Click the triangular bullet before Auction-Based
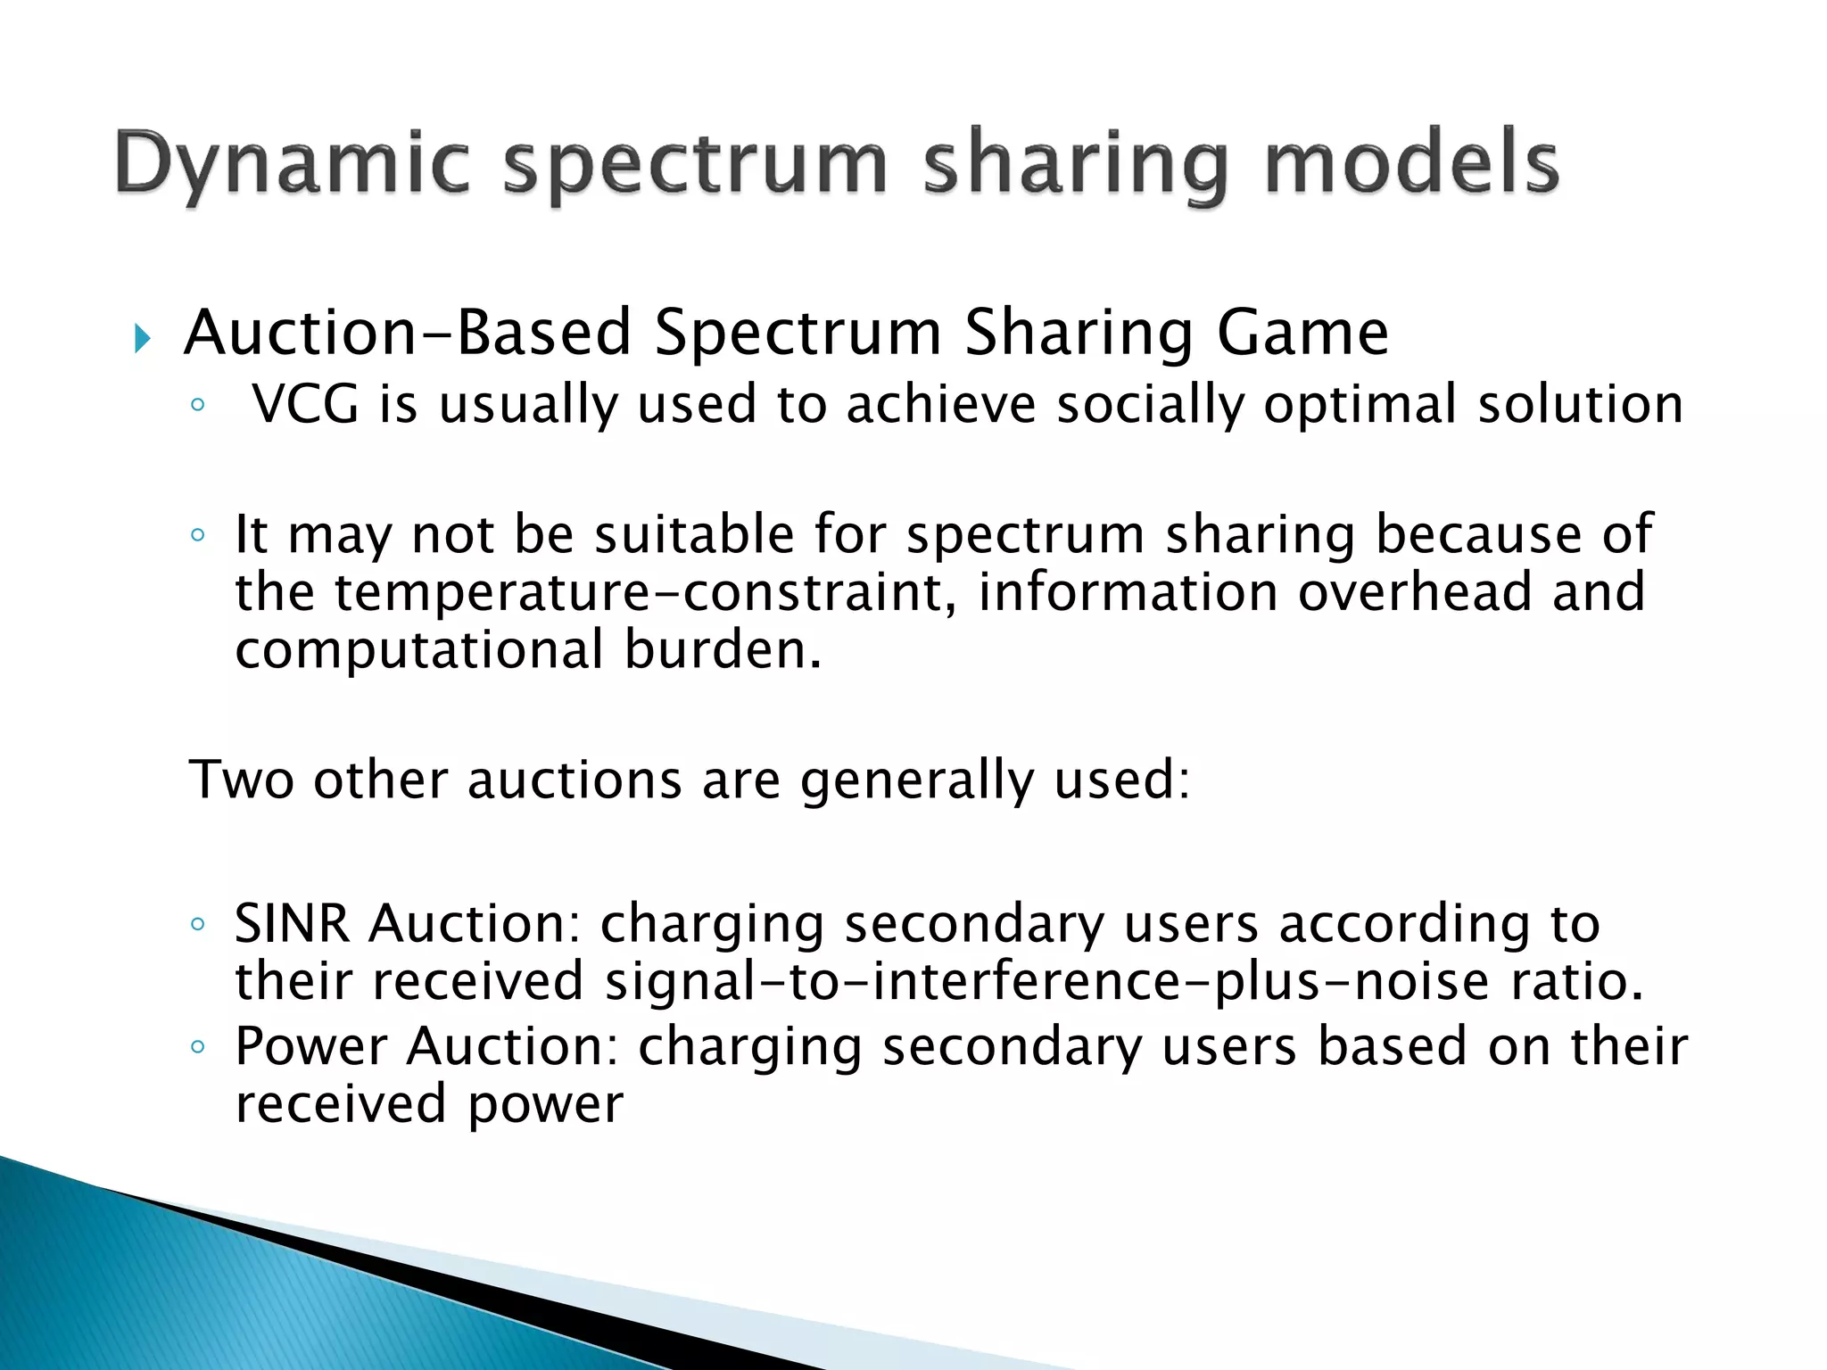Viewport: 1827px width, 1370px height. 142,338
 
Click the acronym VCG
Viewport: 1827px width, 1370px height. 305,404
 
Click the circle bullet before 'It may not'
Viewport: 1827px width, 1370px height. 197,534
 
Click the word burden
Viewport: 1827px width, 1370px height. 721,649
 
